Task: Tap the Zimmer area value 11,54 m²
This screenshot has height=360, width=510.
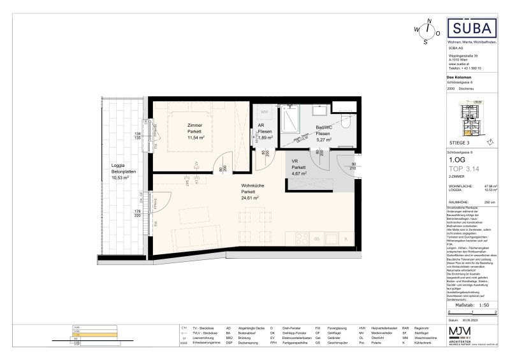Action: [x=195, y=137]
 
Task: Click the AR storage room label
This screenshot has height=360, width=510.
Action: [x=261, y=126]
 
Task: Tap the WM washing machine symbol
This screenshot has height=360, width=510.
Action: [x=265, y=112]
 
